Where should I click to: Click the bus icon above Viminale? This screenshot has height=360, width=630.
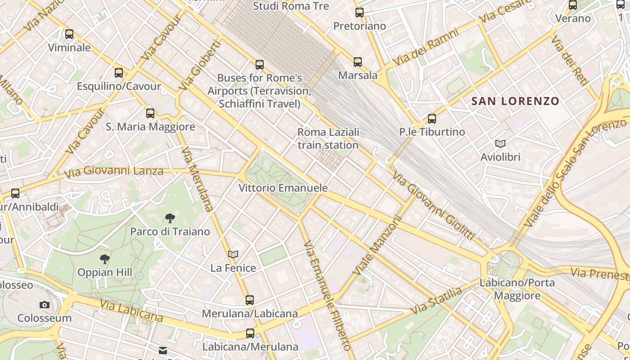point(69,34)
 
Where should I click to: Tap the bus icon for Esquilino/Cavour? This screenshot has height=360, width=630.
point(119,73)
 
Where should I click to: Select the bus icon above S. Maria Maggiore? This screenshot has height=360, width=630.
point(150,113)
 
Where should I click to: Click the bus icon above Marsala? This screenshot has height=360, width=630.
point(358,62)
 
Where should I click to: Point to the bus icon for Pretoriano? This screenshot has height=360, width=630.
point(360,13)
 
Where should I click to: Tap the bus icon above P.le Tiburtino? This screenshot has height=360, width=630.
point(432,119)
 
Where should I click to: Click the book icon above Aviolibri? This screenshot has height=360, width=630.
point(500,144)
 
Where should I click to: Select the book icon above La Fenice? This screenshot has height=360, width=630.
point(233,255)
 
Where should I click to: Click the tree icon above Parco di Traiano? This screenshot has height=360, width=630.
point(170,219)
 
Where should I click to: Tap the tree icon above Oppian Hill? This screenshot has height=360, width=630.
point(105,259)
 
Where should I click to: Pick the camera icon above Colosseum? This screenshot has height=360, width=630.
point(44,305)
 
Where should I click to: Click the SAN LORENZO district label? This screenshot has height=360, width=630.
point(515,101)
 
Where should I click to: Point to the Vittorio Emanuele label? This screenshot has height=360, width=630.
point(283,188)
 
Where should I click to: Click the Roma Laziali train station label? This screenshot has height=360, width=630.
point(328,139)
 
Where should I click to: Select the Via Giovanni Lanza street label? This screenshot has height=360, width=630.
point(113,171)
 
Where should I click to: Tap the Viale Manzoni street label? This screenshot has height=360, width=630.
point(377,246)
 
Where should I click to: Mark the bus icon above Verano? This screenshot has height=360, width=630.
point(573,5)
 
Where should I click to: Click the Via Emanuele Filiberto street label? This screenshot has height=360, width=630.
point(327,295)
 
